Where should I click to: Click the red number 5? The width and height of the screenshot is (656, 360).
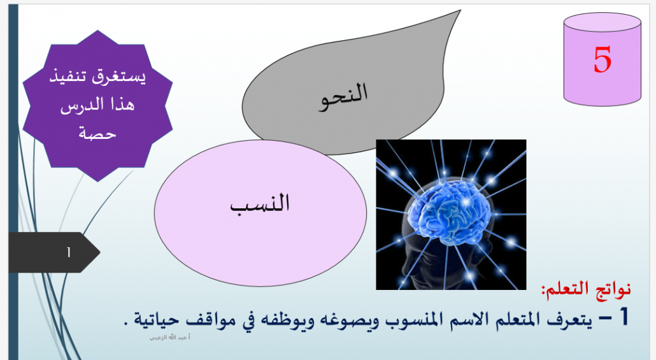603,60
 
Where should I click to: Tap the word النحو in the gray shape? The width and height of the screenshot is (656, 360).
343,97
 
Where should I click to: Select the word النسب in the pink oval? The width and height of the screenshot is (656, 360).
260,204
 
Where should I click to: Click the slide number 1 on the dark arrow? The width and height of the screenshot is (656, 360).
69,252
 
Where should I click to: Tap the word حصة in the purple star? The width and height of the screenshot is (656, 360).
97,133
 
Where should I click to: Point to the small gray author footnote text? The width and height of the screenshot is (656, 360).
170,338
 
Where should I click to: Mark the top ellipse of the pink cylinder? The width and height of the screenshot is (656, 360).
603,22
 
